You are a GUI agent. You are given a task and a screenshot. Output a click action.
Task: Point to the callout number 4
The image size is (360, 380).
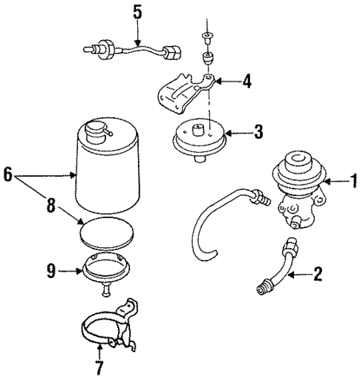coord(246,82)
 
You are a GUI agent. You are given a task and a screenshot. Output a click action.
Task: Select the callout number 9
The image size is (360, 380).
coord(51,272)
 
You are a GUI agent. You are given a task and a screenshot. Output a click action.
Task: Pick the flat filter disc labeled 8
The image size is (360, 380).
coord(108,233)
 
